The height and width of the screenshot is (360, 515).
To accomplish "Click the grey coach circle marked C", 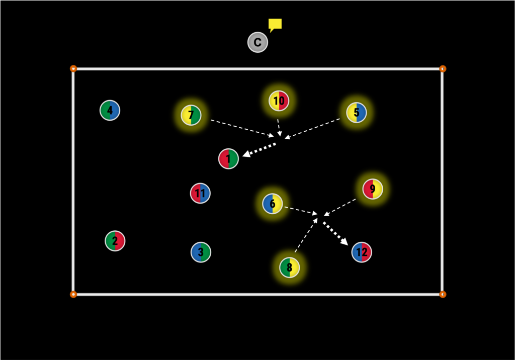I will pyautogui.click(x=257, y=42).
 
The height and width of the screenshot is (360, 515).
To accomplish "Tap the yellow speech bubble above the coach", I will pyautogui.click(x=275, y=24).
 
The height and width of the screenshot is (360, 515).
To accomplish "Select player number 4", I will pyautogui.click(x=110, y=110).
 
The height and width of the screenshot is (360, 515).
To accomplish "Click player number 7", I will pyautogui.click(x=191, y=115).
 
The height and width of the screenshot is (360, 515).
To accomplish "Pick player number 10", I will pyautogui.click(x=279, y=101).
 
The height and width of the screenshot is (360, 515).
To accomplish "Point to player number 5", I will pyautogui.click(x=357, y=113).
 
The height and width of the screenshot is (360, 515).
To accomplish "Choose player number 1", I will pyautogui.click(x=228, y=159).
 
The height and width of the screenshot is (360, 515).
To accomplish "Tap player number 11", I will pyautogui.click(x=200, y=193).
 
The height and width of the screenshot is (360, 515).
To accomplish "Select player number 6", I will pyautogui.click(x=273, y=204).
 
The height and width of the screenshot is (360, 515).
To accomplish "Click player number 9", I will pyautogui.click(x=373, y=189).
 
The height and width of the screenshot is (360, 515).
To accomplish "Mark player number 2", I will pyautogui.click(x=115, y=241).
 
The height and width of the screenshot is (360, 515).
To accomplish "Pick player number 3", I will pyautogui.click(x=201, y=252).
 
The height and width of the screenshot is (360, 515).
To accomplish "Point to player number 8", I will pyautogui.click(x=290, y=267).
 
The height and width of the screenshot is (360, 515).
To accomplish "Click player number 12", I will pyautogui.click(x=362, y=252).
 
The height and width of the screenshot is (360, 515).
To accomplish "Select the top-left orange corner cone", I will pyautogui.click(x=73, y=68).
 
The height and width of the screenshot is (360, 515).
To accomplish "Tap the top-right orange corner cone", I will pyautogui.click(x=443, y=68).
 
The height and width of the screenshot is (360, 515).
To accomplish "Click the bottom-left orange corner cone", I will pyautogui.click(x=73, y=294).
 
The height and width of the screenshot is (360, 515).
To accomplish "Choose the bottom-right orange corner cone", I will pyautogui.click(x=443, y=294).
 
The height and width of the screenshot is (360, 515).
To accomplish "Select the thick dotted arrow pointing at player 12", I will pyautogui.click(x=335, y=233).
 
